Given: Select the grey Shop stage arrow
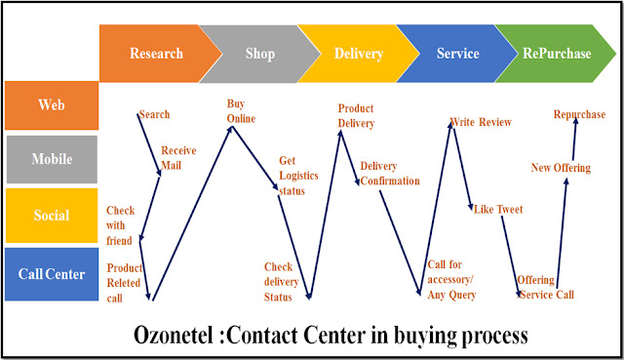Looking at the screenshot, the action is (x=259, y=54).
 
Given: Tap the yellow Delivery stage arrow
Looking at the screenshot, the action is (x=358, y=54).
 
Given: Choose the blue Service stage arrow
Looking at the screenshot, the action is (x=457, y=54).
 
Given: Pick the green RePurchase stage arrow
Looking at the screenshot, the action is (x=557, y=54).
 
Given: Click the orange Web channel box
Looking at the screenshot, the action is (x=52, y=105).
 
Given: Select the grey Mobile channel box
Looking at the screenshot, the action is (x=52, y=159).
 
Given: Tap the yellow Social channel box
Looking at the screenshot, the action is (x=52, y=216).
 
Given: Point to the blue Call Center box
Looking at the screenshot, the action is (x=52, y=274).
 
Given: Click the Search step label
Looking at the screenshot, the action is (x=154, y=115).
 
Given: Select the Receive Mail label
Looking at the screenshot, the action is (x=178, y=158).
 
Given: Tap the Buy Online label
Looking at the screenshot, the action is (x=241, y=111).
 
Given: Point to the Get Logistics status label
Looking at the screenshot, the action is (x=298, y=176).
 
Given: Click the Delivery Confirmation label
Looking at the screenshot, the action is (x=390, y=174).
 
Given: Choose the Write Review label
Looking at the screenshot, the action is (x=481, y=122).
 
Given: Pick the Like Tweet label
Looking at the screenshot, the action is (x=498, y=209).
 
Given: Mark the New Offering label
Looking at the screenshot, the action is (x=561, y=168).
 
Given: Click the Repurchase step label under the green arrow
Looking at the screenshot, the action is (x=579, y=115).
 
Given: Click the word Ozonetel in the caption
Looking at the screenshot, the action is (x=174, y=335).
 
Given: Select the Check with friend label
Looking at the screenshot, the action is (x=120, y=225).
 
